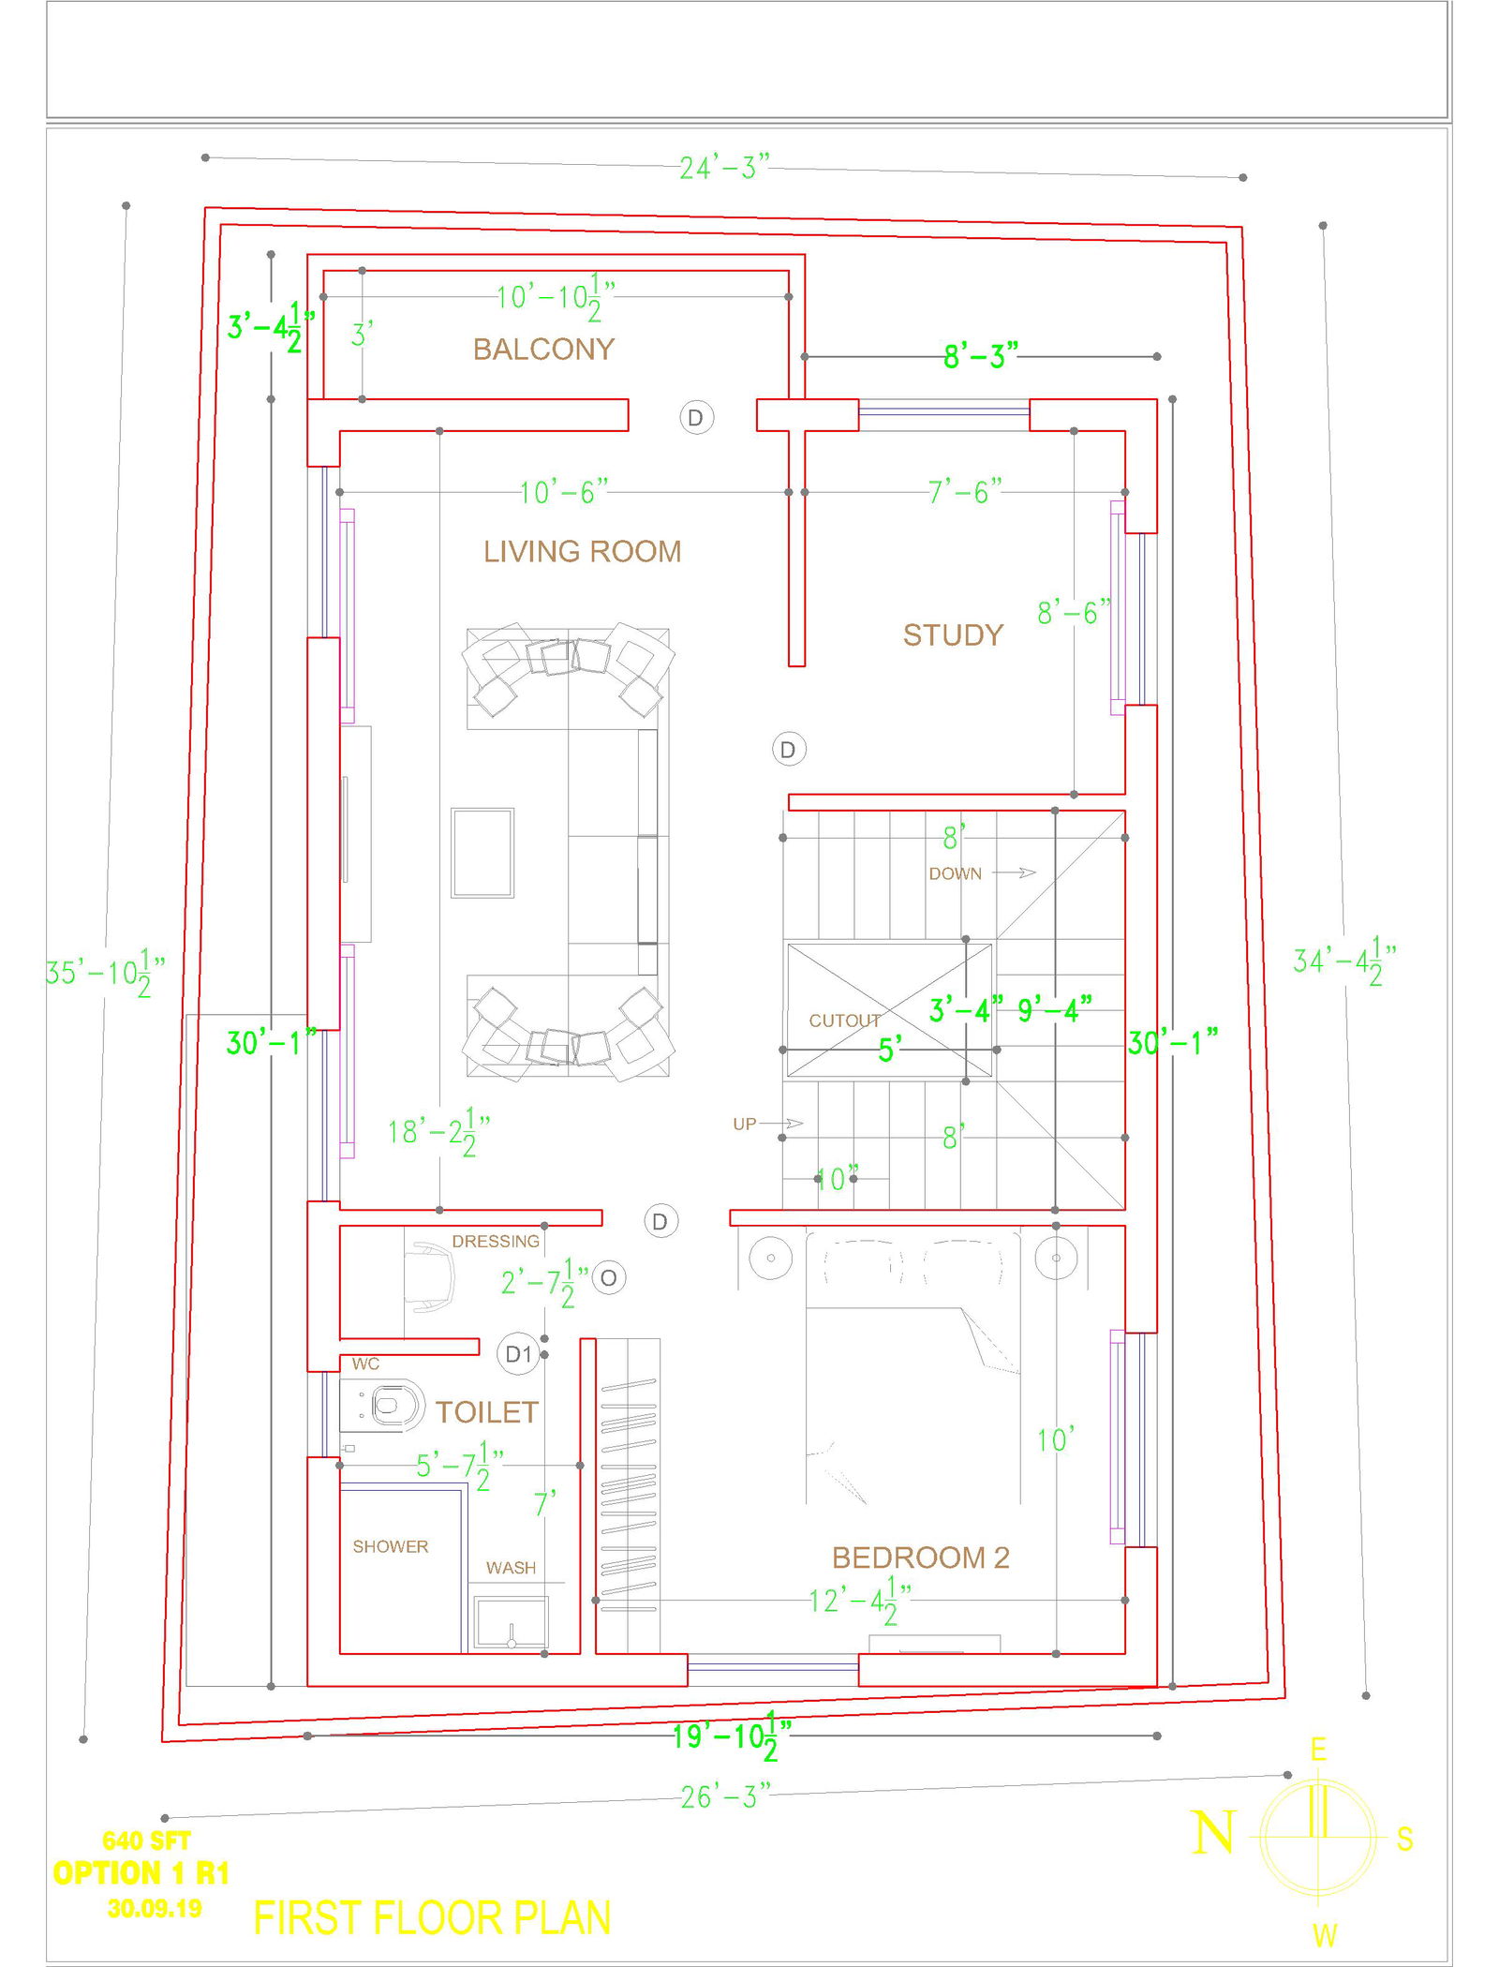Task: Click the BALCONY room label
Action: pyautogui.click(x=542, y=349)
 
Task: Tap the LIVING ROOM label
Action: pyautogui.click(x=582, y=551)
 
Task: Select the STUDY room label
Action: pyautogui.click(x=952, y=635)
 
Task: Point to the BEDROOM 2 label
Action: pyautogui.click(x=920, y=1557)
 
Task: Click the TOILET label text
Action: pyautogui.click(x=486, y=1412)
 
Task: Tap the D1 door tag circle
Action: pyautogui.click(x=517, y=1353)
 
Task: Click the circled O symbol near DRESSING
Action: pyautogui.click(x=609, y=1277)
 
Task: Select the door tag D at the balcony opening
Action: pyautogui.click(x=695, y=417)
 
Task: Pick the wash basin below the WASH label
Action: pyautogui.click(x=511, y=1622)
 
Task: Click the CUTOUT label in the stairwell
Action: pyautogui.click(x=844, y=1021)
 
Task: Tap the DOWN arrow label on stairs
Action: pyautogui.click(x=955, y=873)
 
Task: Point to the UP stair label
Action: pyautogui.click(x=744, y=1124)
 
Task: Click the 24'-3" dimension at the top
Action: pyautogui.click(x=723, y=168)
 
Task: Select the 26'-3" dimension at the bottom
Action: pyautogui.click(x=724, y=1796)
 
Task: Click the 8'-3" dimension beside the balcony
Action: pyautogui.click(x=979, y=356)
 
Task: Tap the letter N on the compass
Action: pyautogui.click(x=1212, y=1833)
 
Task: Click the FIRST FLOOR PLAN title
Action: pyautogui.click(x=432, y=1918)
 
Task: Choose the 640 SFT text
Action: pyautogui.click(x=146, y=1840)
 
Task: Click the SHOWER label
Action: pyautogui.click(x=390, y=1546)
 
